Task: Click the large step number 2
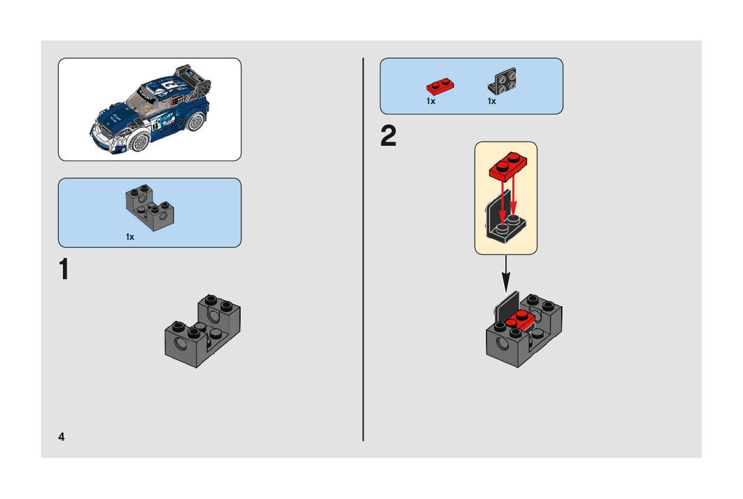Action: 388,138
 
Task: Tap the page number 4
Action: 61,437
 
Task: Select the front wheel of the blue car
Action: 139,141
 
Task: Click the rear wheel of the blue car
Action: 195,121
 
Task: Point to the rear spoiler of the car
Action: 193,75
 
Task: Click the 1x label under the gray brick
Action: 130,237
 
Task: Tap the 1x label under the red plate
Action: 431,101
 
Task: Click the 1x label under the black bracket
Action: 492,101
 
